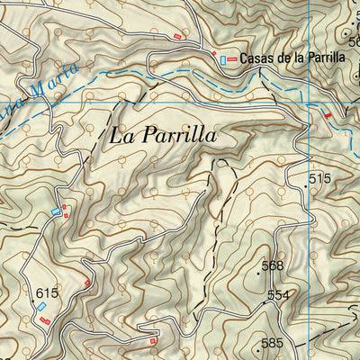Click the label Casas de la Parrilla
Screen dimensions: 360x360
[292, 57]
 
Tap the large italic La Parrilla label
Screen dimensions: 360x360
[163, 136]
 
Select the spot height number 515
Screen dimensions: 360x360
[319, 179]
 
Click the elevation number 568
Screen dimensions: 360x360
[272, 265]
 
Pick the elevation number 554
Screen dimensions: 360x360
[279, 295]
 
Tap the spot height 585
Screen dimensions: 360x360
[273, 343]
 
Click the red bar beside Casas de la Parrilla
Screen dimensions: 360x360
[233, 58]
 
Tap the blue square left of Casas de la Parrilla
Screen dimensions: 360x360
[223, 58]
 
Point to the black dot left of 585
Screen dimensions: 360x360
[259, 346]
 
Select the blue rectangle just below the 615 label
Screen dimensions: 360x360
[41, 308]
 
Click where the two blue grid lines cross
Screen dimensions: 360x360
[309, 103]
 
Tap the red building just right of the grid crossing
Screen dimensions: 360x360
[327, 115]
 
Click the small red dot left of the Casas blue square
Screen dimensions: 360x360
[214, 54]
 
